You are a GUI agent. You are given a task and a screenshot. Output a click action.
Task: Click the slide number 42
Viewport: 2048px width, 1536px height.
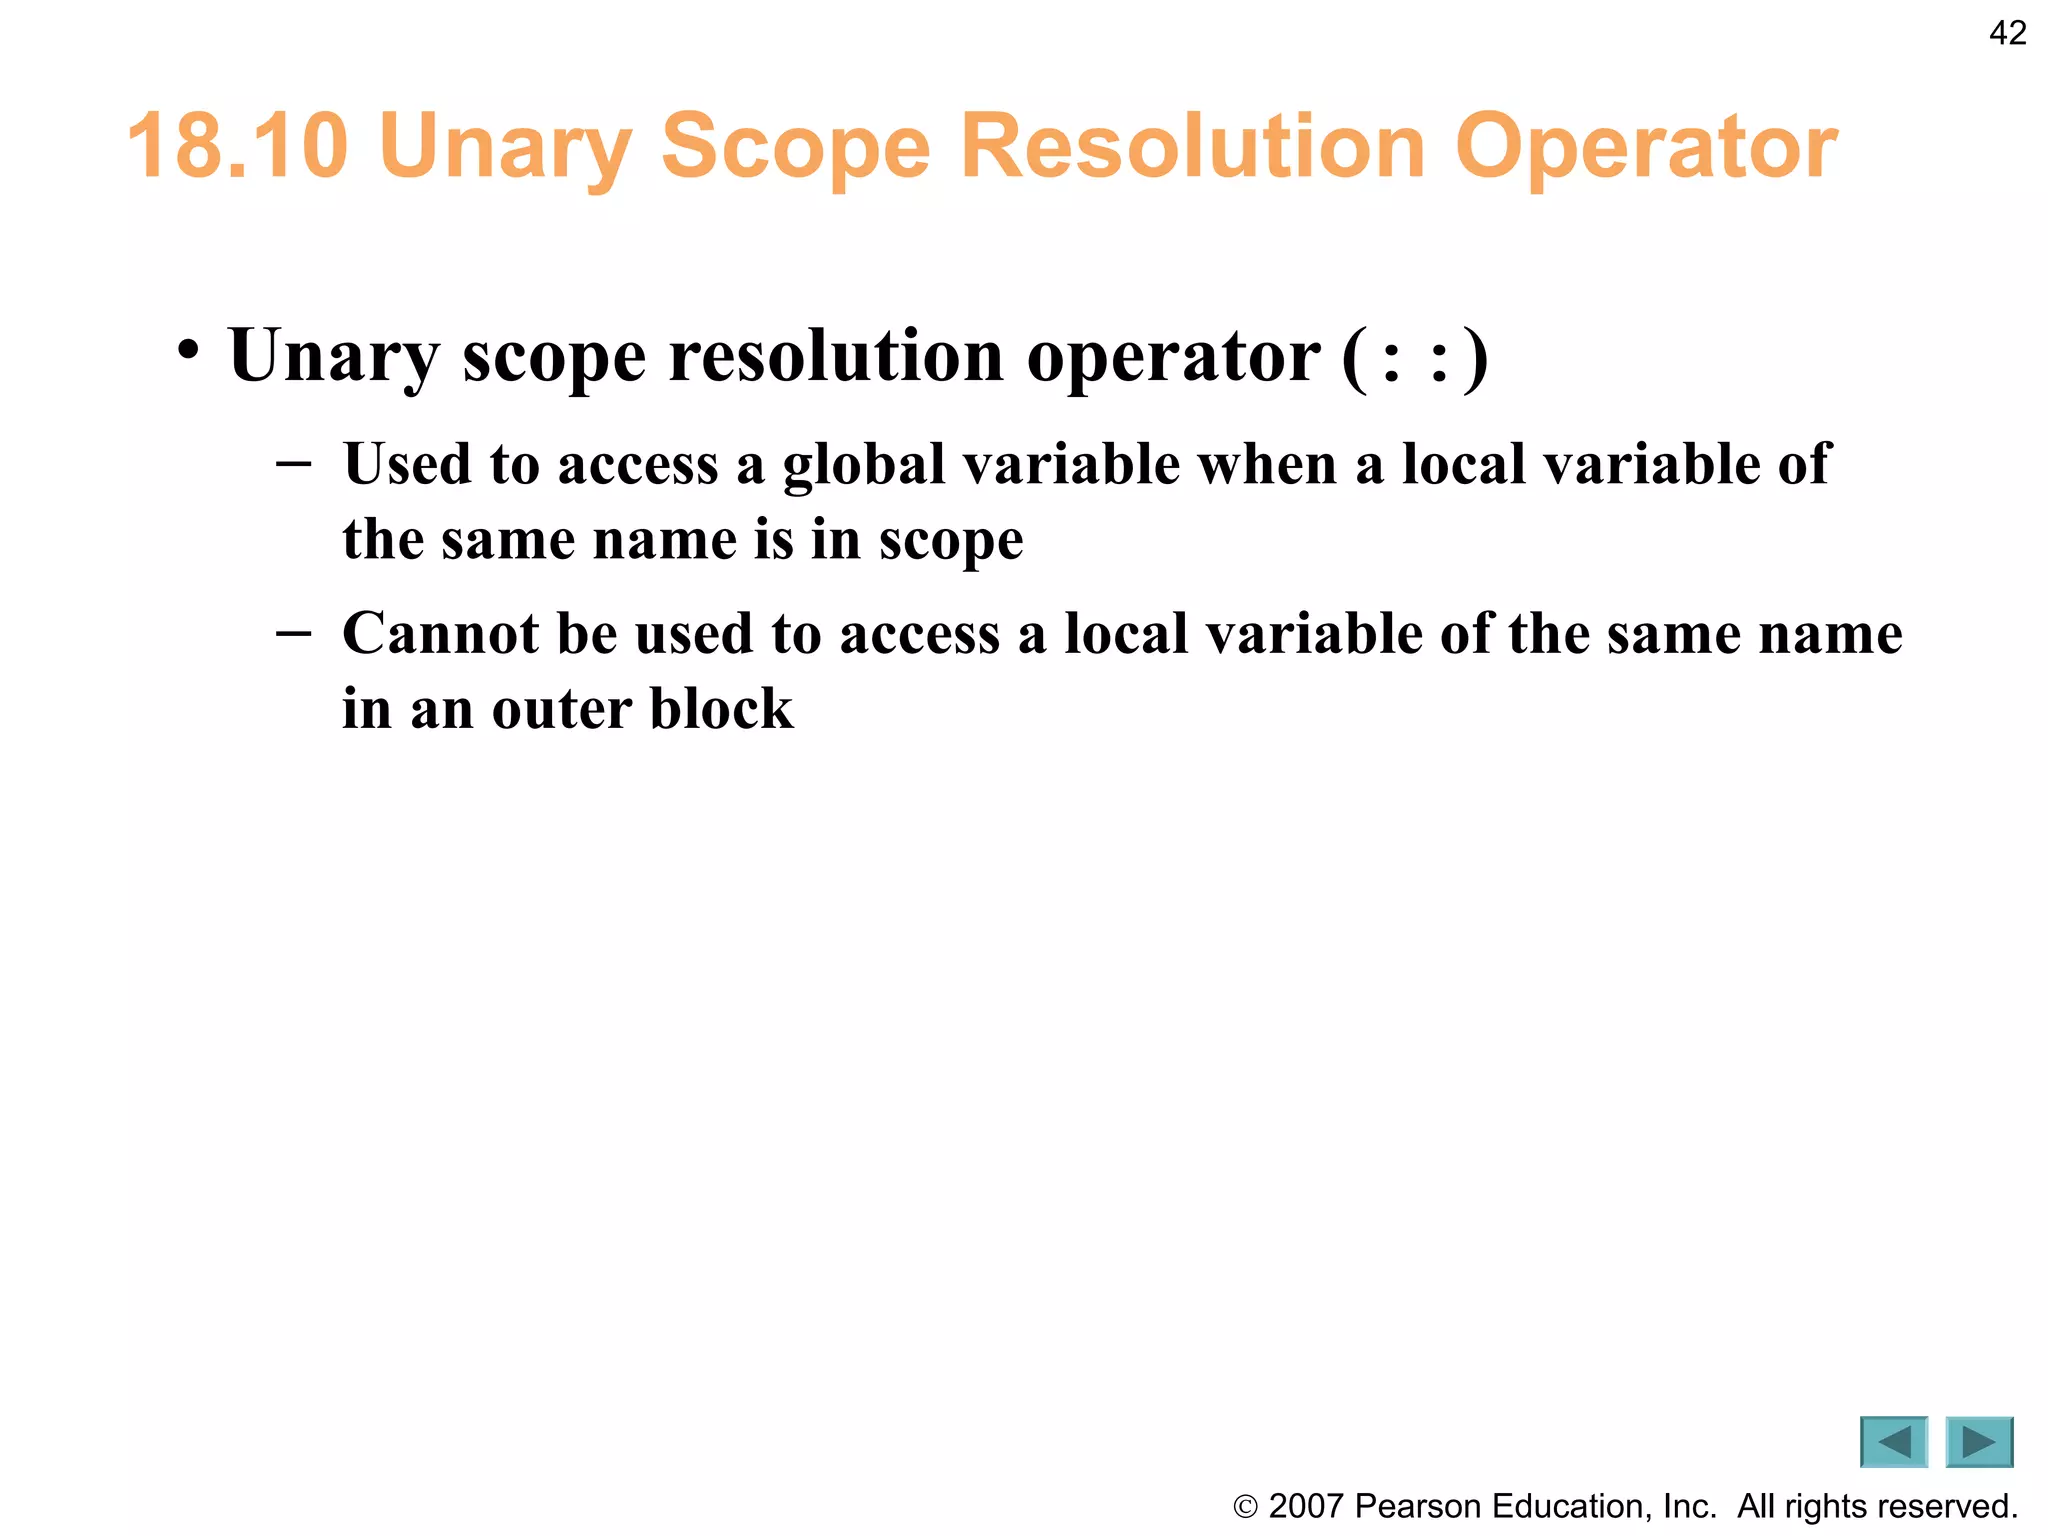point(2007,33)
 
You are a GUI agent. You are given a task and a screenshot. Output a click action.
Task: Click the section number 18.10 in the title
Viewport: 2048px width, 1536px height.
point(238,146)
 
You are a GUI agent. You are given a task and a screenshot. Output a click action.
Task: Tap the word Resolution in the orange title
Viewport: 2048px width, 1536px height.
point(1193,146)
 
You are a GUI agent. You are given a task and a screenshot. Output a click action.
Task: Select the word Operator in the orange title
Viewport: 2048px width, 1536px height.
point(1645,146)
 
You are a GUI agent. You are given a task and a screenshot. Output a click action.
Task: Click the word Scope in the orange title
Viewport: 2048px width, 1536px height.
point(795,146)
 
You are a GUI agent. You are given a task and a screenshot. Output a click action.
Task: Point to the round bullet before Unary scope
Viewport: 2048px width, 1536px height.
point(188,351)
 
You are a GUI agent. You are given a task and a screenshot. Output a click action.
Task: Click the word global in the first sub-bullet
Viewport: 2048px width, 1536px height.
point(863,464)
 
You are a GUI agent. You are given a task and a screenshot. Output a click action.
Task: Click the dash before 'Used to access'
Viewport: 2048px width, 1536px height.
point(293,464)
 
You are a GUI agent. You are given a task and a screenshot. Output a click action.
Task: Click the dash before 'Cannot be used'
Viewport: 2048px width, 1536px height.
point(293,634)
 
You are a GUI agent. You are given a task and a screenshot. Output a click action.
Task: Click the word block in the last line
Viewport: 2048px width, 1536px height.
point(721,710)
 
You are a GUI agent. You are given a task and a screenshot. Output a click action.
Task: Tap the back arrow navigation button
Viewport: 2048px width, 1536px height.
point(1893,1442)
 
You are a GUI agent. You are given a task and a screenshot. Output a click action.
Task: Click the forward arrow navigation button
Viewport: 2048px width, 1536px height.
point(1978,1442)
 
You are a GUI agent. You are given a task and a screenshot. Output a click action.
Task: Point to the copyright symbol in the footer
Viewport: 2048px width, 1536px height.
point(1245,1506)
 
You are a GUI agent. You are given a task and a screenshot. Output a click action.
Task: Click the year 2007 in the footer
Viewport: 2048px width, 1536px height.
point(1305,1506)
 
